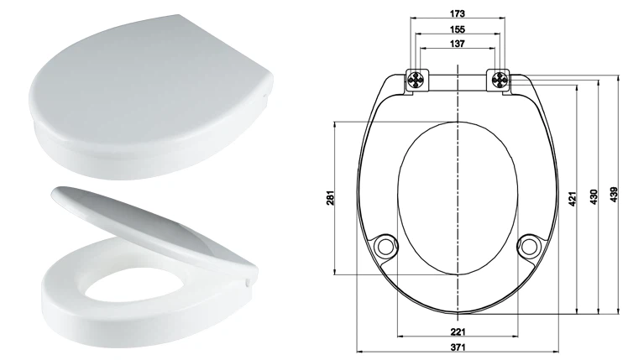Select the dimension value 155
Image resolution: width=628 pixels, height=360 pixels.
click(x=457, y=29)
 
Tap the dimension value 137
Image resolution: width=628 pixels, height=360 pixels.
click(x=457, y=44)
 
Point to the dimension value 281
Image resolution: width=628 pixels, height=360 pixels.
click(x=329, y=198)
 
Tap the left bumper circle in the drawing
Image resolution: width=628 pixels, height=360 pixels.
click(x=386, y=245)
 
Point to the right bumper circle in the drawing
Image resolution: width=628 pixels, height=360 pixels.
click(x=530, y=245)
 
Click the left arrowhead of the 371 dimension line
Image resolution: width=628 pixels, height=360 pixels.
click(x=359, y=348)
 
